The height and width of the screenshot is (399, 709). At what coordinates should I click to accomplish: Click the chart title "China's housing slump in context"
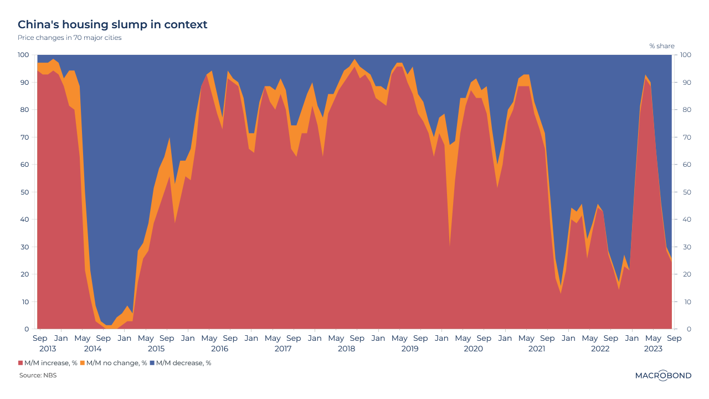click(x=112, y=24)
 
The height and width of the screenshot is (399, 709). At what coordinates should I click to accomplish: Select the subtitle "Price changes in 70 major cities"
click(x=69, y=38)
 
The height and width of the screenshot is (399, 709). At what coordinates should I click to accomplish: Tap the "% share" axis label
click(x=662, y=46)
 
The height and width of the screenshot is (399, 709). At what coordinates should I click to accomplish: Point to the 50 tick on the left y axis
click(x=25, y=192)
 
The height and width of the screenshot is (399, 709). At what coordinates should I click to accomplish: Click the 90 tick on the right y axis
click(x=684, y=83)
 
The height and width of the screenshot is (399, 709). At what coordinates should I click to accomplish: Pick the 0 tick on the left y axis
click(x=27, y=329)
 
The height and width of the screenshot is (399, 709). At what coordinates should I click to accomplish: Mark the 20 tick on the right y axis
click(x=684, y=274)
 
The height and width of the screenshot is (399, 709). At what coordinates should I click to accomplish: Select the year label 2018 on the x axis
click(x=346, y=349)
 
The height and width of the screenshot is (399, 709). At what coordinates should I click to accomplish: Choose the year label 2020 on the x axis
click(x=473, y=349)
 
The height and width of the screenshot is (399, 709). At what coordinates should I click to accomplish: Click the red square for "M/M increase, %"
click(x=20, y=363)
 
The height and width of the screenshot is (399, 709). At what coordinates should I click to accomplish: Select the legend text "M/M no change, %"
click(x=116, y=363)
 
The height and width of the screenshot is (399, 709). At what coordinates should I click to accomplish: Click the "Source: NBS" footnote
click(x=38, y=375)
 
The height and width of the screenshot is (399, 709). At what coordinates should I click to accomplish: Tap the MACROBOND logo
click(x=663, y=375)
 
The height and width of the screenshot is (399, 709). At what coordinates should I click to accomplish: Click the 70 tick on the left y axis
click(x=25, y=137)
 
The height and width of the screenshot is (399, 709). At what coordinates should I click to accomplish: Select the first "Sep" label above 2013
click(x=40, y=338)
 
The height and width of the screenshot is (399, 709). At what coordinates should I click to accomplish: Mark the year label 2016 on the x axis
click(x=219, y=349)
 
